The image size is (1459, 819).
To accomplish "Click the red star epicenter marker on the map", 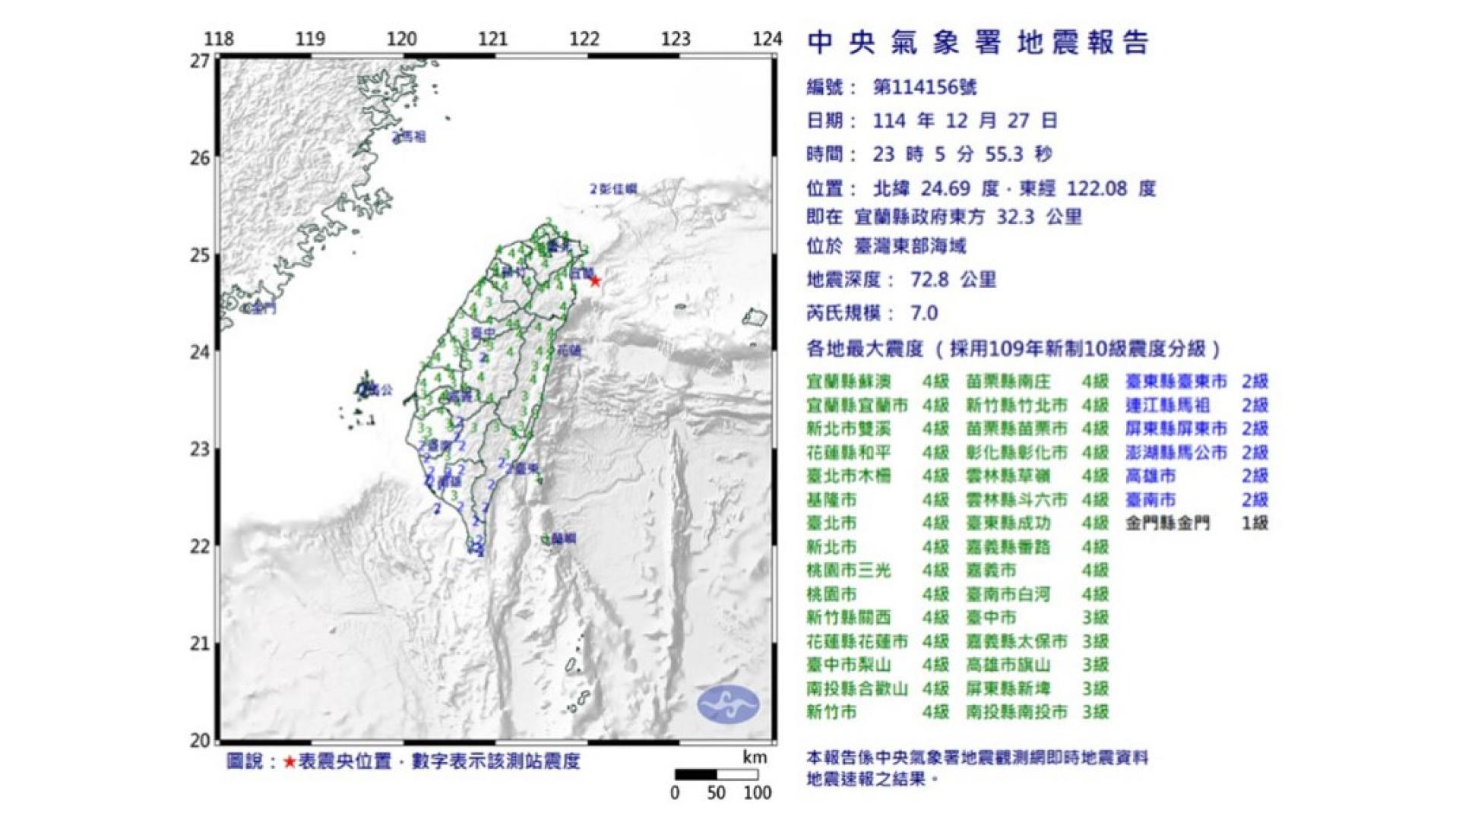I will (x=595, y=282).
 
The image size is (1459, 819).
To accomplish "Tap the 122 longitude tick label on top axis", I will (x=584, y=39).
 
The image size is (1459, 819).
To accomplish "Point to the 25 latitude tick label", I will (x=199, y=255).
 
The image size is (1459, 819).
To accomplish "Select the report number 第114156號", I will (x=925, y=87).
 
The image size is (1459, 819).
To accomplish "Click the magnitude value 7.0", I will (x=924, y=313).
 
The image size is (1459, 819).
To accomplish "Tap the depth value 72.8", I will (x=930, y=280).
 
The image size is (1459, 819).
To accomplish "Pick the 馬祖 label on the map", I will (x=413, y=137).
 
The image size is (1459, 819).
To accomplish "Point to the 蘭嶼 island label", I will (x=562, y=539).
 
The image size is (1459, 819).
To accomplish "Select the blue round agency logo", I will (x=728, y=704).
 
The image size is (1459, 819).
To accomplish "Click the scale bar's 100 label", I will (x=757, y=793).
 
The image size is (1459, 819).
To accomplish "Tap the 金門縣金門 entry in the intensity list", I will (x=1167, y=523).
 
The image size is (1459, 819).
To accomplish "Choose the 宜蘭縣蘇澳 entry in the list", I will (x=848, y=381).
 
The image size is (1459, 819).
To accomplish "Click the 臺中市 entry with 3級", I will (x=991, y=618).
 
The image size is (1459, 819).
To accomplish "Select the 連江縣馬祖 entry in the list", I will (x=1167, y=405).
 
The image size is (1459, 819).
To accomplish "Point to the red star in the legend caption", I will (x=290, y=761).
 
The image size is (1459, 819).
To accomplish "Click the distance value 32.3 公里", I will (x=1038, y=217).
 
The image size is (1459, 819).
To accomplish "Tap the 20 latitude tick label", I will (x=199, y=741).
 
